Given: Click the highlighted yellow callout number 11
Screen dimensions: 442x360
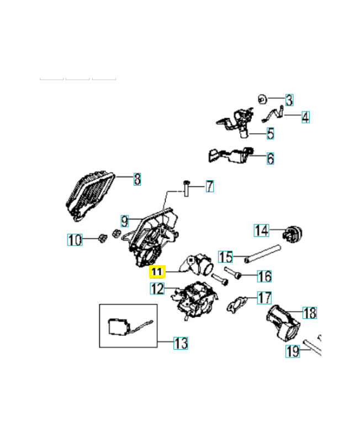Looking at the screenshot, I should coord(157,272).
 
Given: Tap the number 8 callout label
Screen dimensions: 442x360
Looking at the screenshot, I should coord(137,179).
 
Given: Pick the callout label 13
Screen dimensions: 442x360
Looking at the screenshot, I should coord(181,343).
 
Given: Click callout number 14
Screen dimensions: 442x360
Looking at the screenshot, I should coord(261,230).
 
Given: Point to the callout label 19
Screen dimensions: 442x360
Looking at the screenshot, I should coord(293,351).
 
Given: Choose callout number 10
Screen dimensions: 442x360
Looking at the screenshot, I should coord(75,240).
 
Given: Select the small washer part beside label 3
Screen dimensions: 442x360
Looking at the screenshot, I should coord(263,99).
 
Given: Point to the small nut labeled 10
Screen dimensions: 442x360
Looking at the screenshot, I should coord(102,238).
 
